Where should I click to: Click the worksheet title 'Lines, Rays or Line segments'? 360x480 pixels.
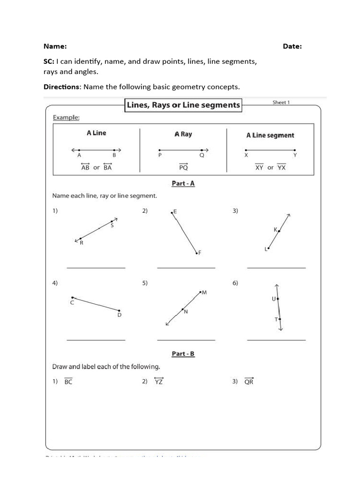click(x=183, y=105)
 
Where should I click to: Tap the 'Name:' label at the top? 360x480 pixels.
click(x=55, y=46)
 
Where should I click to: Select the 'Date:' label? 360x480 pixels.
click(x=292, y=46)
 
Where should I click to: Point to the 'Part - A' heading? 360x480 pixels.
click(x=183, y=183)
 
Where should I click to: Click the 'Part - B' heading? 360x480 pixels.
click(x=183, y=353)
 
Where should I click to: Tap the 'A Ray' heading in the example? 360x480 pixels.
click(x=183, y=134)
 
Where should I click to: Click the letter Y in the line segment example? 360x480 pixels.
click(x=295, y=155)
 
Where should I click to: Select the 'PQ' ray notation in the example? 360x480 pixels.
click(x=183, y=167)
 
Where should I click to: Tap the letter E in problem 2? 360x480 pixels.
click(x=175, y=212)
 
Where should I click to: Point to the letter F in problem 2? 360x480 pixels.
click(x=200, y=253)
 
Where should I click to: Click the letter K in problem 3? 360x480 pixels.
click(x=275, y=230)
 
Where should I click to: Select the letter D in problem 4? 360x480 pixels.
click(x=119, y=315)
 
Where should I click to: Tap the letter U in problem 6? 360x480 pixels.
click(x=274, y=299)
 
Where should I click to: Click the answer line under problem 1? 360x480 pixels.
click(x=96, y=268)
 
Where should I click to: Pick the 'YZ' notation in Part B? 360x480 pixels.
click(x=158, y=382)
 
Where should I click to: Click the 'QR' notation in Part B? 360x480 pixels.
click(x=248, y=382)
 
